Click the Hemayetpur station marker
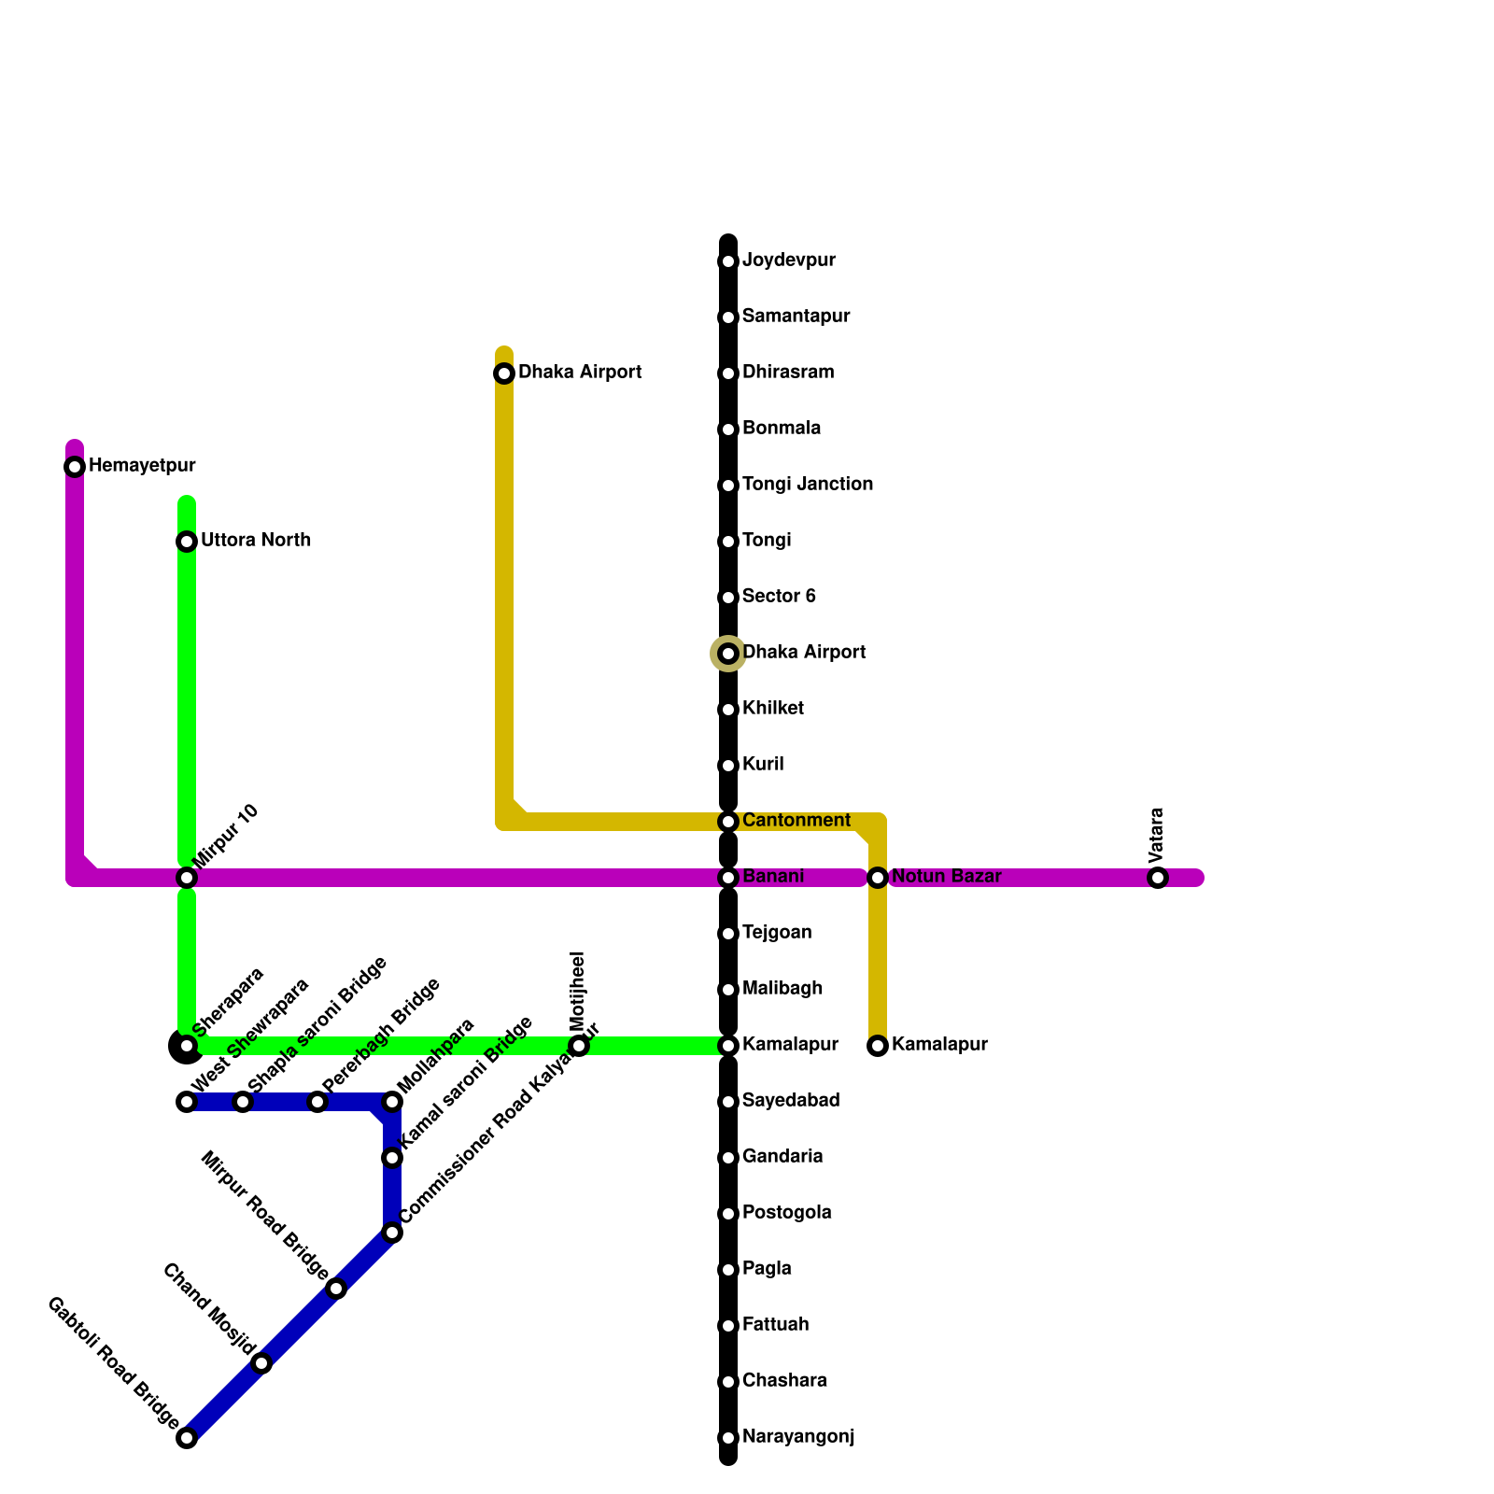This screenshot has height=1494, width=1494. [75, 467]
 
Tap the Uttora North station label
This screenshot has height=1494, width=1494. [255, 541]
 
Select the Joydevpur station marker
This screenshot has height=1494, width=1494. [728, 261]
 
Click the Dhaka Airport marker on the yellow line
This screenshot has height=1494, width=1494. [504, 373]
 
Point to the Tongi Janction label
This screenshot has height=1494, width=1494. [807, 485]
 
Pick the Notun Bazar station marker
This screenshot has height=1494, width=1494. [878, 878]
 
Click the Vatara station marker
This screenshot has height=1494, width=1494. [1158, 878]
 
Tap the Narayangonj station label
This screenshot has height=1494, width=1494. [797, 1437]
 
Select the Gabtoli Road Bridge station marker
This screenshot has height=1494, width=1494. [187, 1438]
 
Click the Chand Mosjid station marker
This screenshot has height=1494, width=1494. [262, 1363]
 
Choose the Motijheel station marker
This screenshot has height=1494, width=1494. [579, 1046]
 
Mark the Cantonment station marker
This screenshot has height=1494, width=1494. [728, 822]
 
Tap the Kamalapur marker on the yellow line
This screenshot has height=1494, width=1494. [878, 1046]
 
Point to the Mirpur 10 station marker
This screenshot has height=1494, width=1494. [187, 878]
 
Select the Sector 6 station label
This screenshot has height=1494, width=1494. [779, 597]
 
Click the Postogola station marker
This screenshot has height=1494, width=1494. [728, 1214]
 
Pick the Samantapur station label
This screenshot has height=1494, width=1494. [796, 317]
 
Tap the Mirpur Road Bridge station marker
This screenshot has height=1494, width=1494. [337, 1289]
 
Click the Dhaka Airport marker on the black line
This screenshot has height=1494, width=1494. [728, 654]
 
